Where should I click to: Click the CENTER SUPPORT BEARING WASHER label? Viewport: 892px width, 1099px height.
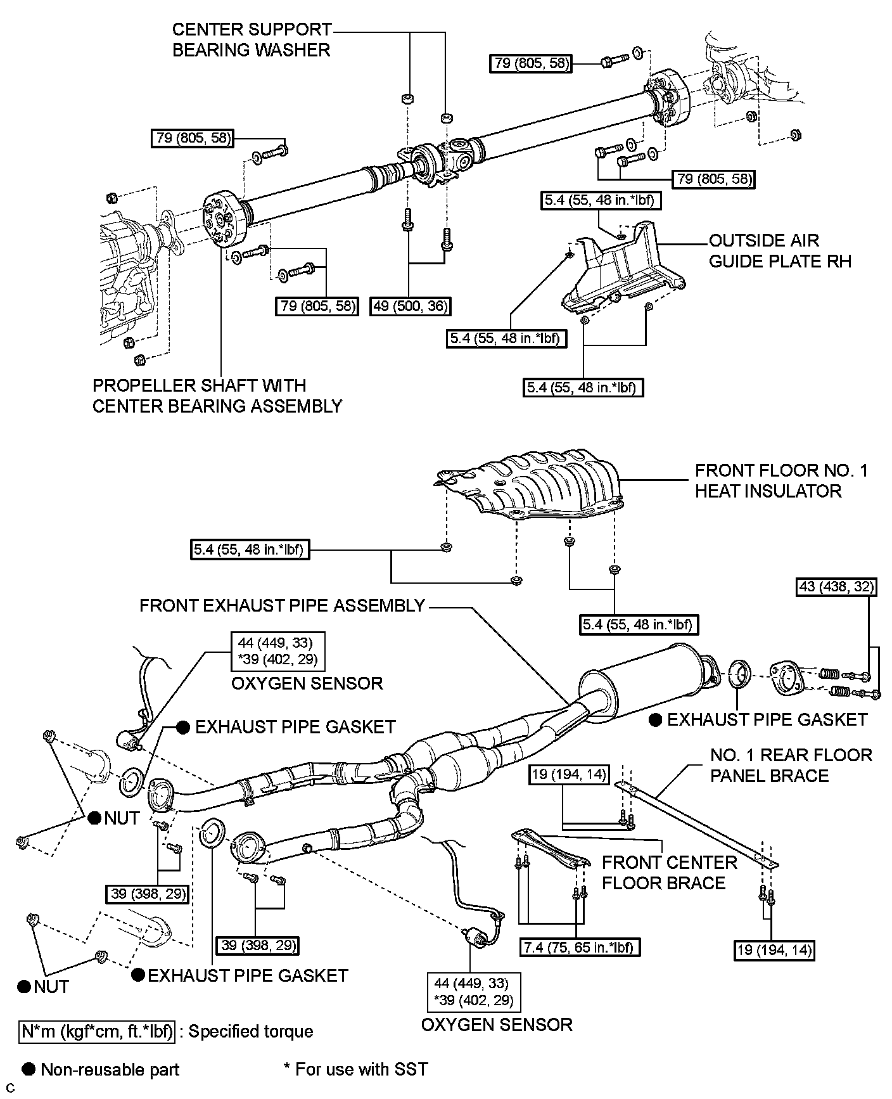[x=252, y=39]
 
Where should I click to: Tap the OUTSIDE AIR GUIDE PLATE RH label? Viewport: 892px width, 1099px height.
[x=780, y=251]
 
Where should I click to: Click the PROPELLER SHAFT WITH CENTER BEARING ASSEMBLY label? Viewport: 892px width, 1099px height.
[x=217, y=395]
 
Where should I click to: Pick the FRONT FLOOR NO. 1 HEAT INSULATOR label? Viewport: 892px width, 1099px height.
[x=781, y=480]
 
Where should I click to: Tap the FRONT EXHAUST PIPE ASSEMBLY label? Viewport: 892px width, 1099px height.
[x=282, y=605]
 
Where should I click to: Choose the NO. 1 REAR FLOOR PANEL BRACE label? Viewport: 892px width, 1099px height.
[x=791, y=765]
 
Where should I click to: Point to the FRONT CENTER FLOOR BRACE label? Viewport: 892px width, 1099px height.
[x=669, y=873]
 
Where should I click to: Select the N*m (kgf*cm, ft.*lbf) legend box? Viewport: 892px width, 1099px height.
[x=97, y=1031]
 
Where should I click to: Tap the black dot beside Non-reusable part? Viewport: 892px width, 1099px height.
[x=28, y=1069]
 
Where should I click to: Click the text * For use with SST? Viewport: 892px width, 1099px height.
[x=355, y=1069]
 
